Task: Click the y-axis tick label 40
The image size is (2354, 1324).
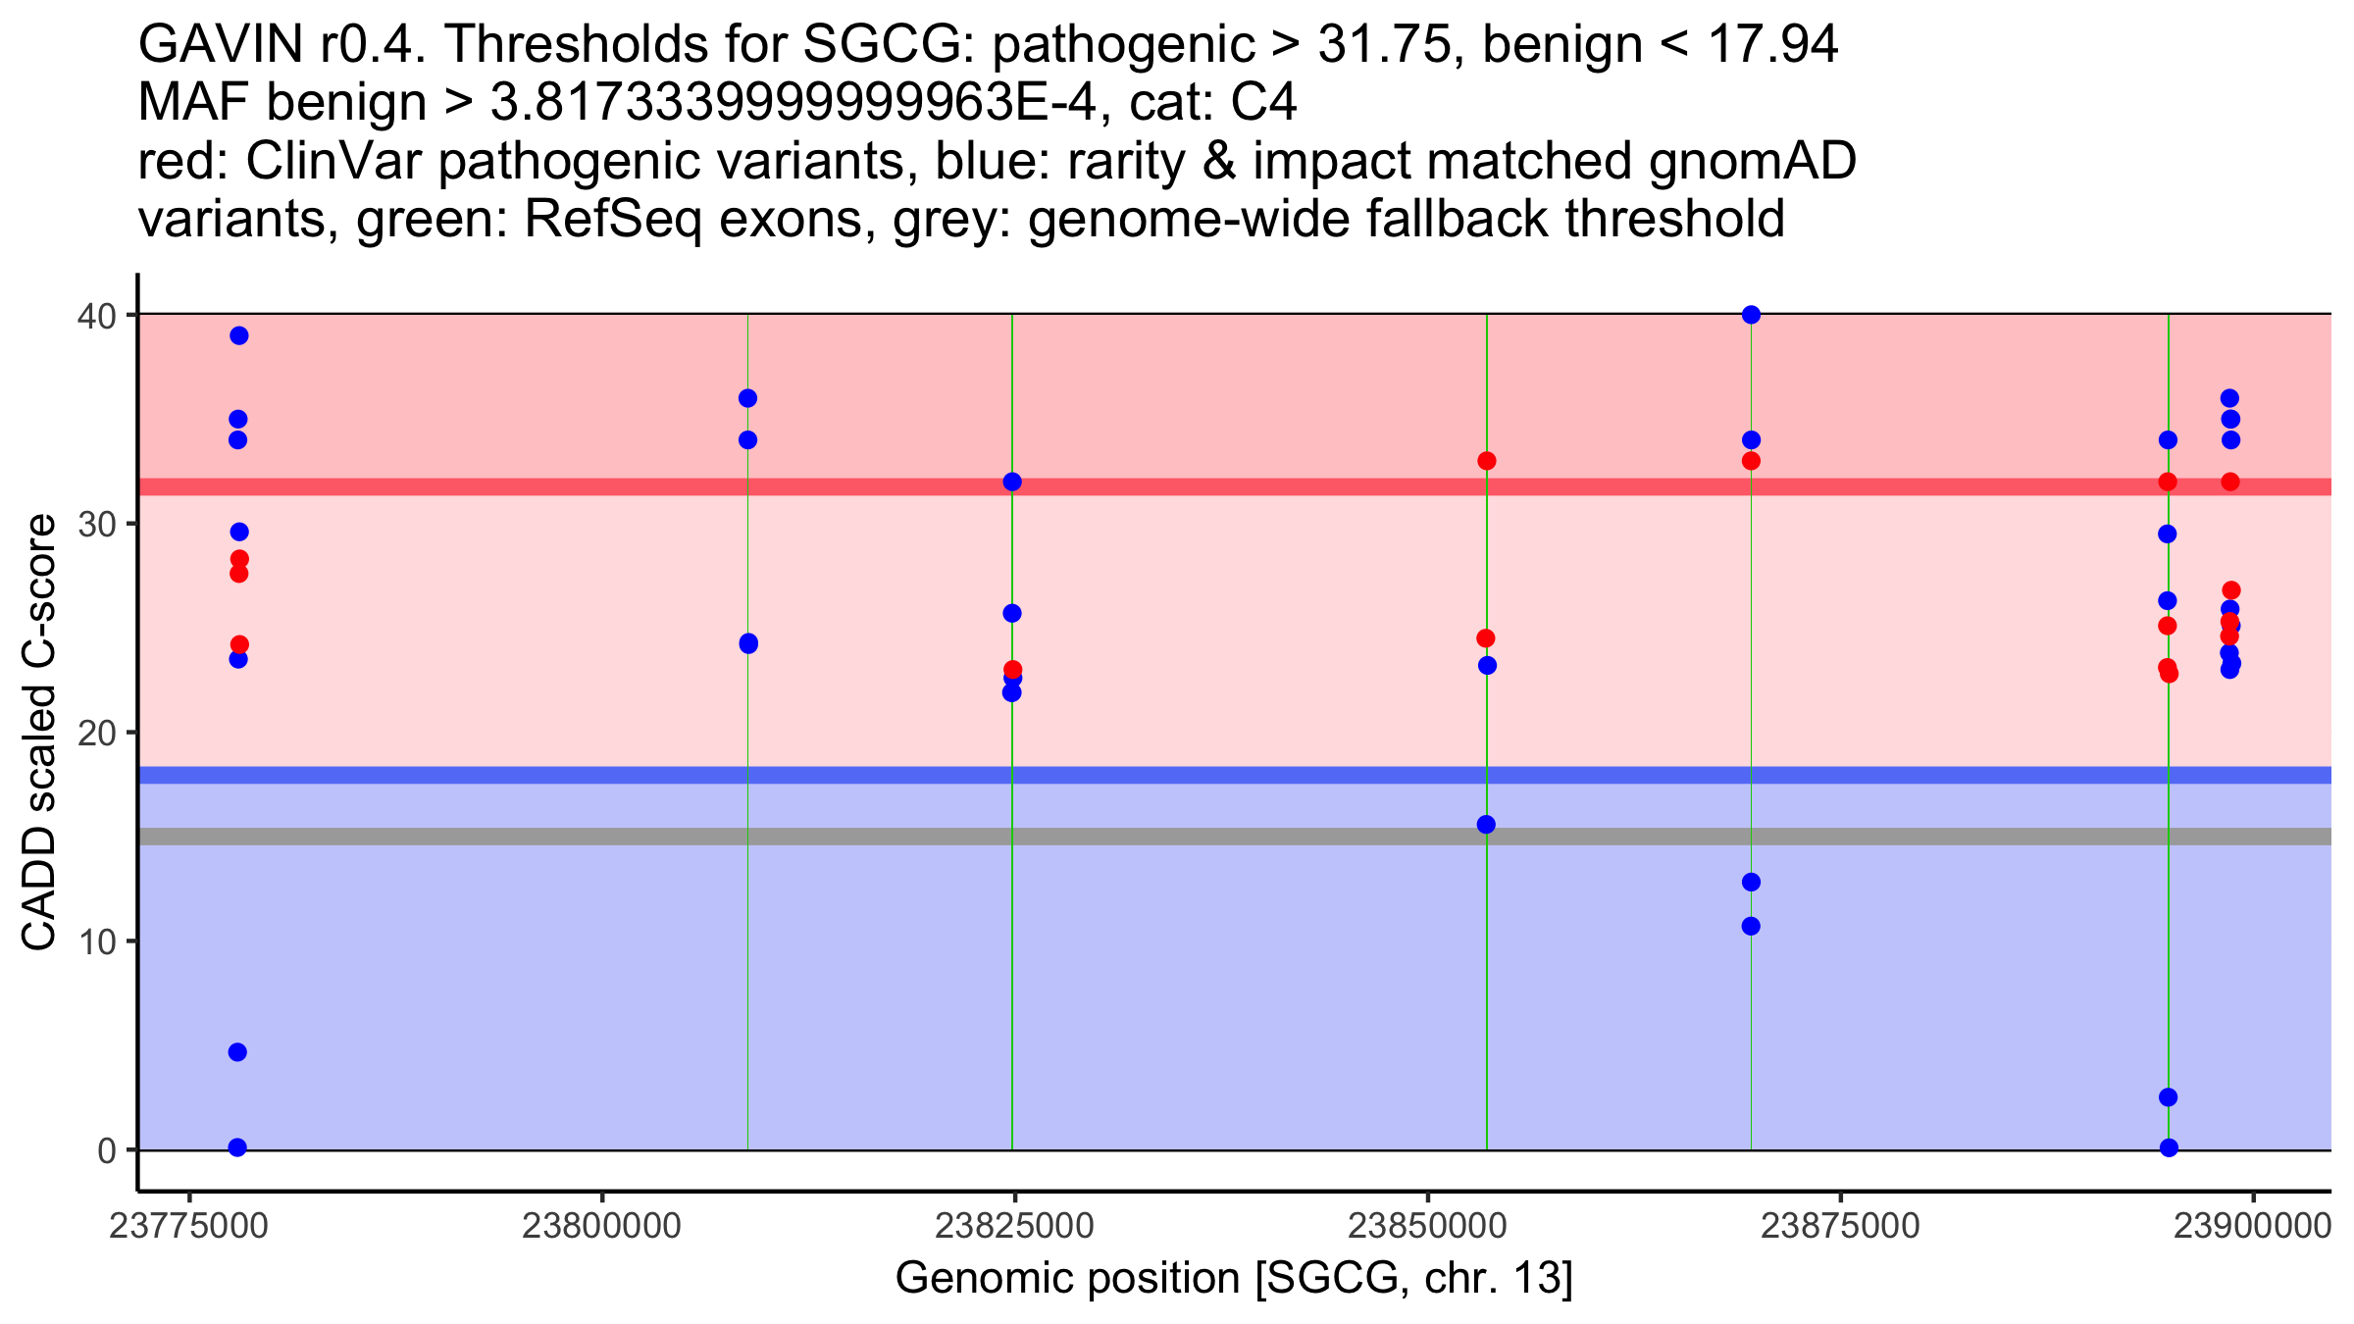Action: point(95,315)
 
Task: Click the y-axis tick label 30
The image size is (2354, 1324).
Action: point(95,524)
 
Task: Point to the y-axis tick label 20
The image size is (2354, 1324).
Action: point(95,733)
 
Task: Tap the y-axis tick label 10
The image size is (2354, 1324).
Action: point(95,942)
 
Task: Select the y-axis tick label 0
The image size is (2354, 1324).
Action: point(106,1150)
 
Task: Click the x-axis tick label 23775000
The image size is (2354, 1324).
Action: point(188,1226)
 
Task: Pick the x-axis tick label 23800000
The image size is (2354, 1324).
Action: point(601,1226)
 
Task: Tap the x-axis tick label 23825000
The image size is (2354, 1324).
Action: point(1014,1226)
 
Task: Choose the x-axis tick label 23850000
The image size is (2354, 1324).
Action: point(1427,1226)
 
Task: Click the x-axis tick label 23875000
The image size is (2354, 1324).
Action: point(1840,1226)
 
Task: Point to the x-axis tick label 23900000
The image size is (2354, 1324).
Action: point(2252,1226)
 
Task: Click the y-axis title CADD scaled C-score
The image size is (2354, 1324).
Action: point(39,733)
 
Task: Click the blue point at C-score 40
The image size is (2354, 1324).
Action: point(1751,315)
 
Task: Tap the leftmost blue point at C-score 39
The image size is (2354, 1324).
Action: point(239,335)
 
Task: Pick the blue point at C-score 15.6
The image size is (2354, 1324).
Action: point(1486,825)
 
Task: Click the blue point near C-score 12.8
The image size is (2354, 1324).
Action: point(1751,883)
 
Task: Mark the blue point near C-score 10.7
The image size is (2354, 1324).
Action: point(1751,926)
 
